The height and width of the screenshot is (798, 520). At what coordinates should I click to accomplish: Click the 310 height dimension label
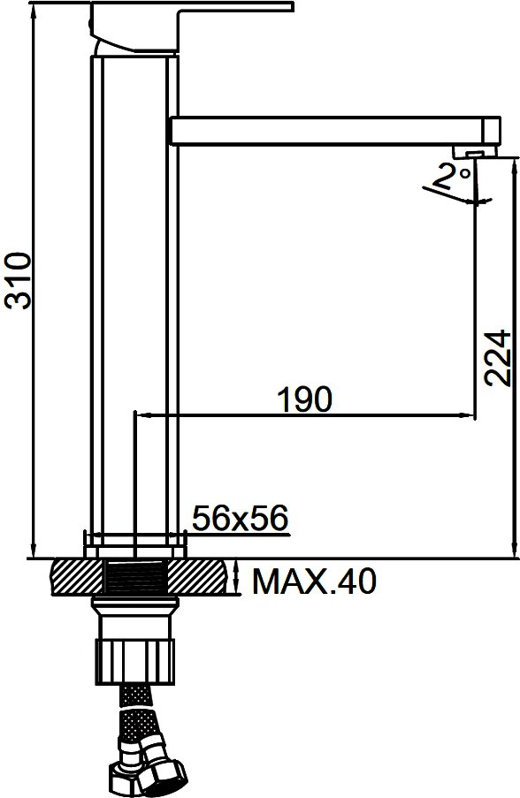click(x=18, y=280)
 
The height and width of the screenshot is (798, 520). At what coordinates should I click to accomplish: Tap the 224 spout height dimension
click(x=497, y=358)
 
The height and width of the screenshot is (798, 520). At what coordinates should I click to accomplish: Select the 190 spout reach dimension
click(x=304, y=399)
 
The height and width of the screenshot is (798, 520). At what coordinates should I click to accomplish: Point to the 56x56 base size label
click(x=240, y=518)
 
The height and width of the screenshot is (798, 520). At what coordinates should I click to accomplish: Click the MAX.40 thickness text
click(x=314, y=581)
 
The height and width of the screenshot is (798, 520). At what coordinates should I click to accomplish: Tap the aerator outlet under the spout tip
click(x=475, y=152)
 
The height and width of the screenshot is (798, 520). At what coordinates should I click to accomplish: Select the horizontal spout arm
click(x=335, y=132)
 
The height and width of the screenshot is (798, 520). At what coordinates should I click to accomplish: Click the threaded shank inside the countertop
click(x=135, y=576)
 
